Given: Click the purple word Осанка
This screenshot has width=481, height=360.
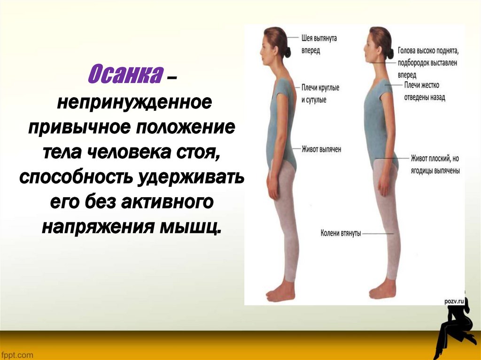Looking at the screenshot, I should [x=124, y=75].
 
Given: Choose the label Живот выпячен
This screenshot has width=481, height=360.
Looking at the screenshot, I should [x=321, y=149].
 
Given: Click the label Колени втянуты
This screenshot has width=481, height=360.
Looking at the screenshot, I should [x=341, y=233].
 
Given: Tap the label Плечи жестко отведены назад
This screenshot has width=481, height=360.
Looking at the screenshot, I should [x=425, y=92].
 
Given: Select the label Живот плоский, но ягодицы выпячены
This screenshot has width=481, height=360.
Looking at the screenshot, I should [x=434, y=164].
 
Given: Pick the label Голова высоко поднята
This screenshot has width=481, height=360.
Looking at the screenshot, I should [x=427, y=49].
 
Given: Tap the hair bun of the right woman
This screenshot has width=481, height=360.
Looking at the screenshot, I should [x=390, y=53].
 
